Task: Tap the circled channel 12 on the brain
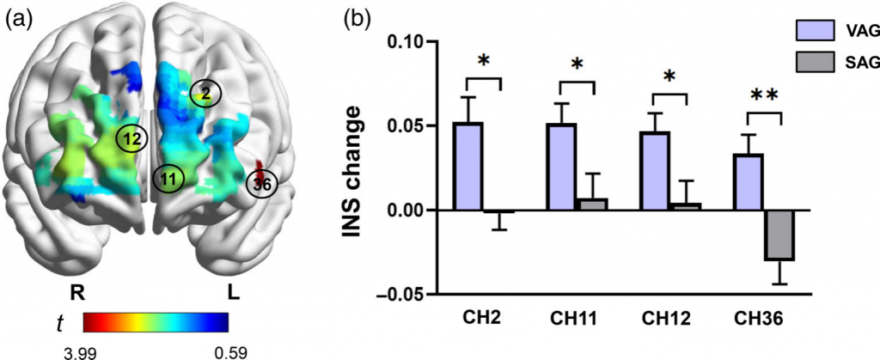[131, 137]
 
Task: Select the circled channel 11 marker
[168, 178]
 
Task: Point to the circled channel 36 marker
[261, 183]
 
